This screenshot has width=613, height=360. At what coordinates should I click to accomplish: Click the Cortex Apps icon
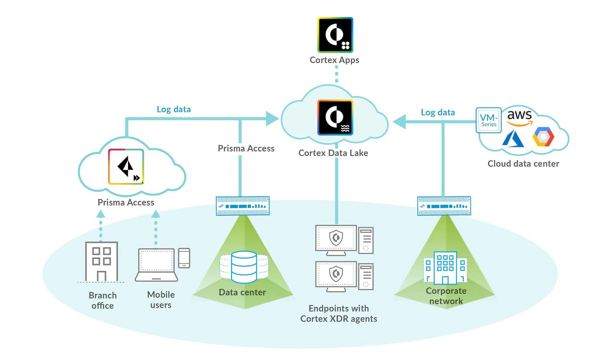[x=335, y=35]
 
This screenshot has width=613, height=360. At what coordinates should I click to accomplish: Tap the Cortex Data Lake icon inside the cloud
[x=335, y=117]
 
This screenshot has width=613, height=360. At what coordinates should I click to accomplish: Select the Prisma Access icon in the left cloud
[x=126, y=167]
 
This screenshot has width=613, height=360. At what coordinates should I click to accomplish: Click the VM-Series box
[x=488, y=120]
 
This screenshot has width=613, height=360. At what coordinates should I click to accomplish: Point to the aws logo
[x=519, y=117]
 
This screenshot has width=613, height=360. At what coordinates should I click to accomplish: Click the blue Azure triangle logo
[x=513, y=139]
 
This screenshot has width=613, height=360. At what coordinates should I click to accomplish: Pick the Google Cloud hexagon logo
[x=543, y=137]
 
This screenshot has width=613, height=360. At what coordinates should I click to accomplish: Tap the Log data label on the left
[x=174, y=109]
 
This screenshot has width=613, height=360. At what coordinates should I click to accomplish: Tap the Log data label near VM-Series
[x=438, y=112]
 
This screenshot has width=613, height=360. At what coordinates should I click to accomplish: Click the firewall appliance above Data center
[x=243, y=206]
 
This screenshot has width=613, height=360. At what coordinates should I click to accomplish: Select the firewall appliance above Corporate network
[x=444, y=206]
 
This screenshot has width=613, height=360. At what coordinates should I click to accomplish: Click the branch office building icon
[x=102, y=261]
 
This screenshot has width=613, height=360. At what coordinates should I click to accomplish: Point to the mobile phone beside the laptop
[x=184, y=258]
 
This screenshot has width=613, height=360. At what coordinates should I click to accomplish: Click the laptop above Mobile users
[x=156, y=265]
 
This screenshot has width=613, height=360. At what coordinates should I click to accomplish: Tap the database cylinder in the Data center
[x=244, y=267]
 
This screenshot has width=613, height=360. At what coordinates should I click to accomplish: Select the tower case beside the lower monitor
[x=366, y=276]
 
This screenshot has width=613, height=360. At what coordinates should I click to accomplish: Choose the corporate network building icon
[x=445, y=268]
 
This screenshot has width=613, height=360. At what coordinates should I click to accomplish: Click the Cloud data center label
[x=523, y=164]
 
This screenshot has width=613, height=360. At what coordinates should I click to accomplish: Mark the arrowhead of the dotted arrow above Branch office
[x=101, y=214]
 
